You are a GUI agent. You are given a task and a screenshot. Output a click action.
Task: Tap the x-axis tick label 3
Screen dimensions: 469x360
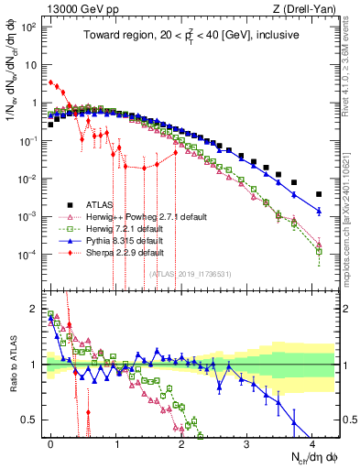click(x=245, y=442)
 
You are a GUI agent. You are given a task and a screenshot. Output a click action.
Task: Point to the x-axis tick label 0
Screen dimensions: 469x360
click(x=51, y=442)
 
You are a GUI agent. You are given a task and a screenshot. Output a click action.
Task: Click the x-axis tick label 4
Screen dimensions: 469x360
click(x=311, y=442)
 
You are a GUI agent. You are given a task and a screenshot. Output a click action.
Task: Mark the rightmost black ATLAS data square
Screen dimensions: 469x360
click(x=319, y=194)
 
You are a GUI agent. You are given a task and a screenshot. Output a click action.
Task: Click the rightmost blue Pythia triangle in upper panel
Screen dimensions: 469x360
click(x=319, y=212)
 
